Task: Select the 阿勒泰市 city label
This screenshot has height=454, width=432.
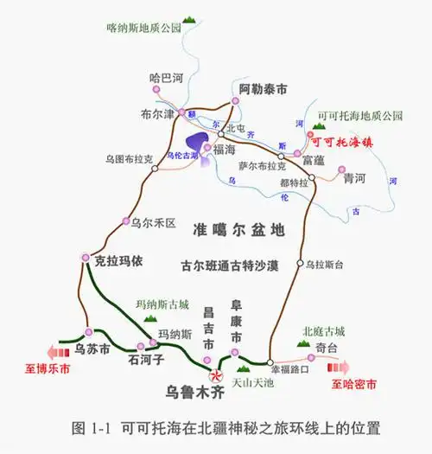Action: [x=263, y=88]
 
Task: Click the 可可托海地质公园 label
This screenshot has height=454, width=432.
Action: [x=360, y=115]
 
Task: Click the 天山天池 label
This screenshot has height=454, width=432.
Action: [x=254, y=380]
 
